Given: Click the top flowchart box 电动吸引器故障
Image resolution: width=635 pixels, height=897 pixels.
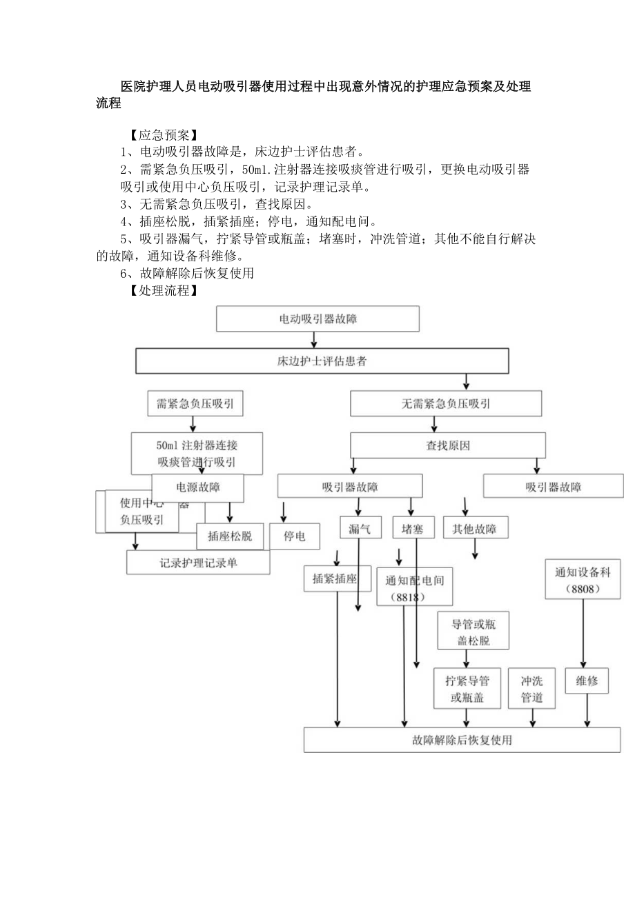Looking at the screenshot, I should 317,319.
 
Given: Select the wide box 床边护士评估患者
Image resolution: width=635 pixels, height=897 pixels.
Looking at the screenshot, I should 322,361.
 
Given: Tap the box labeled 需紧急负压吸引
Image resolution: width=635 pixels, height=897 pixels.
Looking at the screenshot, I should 195,404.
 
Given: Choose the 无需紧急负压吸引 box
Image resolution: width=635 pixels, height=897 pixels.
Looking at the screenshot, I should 446,404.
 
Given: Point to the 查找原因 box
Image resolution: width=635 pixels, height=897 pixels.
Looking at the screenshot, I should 448,445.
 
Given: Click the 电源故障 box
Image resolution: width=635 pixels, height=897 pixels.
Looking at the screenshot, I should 198,487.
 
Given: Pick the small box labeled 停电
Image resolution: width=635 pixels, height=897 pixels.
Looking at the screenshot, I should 295,536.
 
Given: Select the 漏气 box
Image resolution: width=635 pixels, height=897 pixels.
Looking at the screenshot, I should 360,529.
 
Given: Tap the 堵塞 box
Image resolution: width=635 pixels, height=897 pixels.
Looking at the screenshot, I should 413,529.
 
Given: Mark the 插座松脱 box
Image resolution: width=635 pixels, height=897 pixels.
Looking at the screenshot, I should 230,536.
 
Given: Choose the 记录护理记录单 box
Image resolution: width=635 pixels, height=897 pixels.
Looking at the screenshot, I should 198,563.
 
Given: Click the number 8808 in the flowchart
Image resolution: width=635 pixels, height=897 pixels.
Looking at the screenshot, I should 583,589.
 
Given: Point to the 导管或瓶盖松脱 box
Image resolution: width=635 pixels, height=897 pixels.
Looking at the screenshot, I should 473,632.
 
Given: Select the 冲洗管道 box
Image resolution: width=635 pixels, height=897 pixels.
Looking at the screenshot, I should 531,689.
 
